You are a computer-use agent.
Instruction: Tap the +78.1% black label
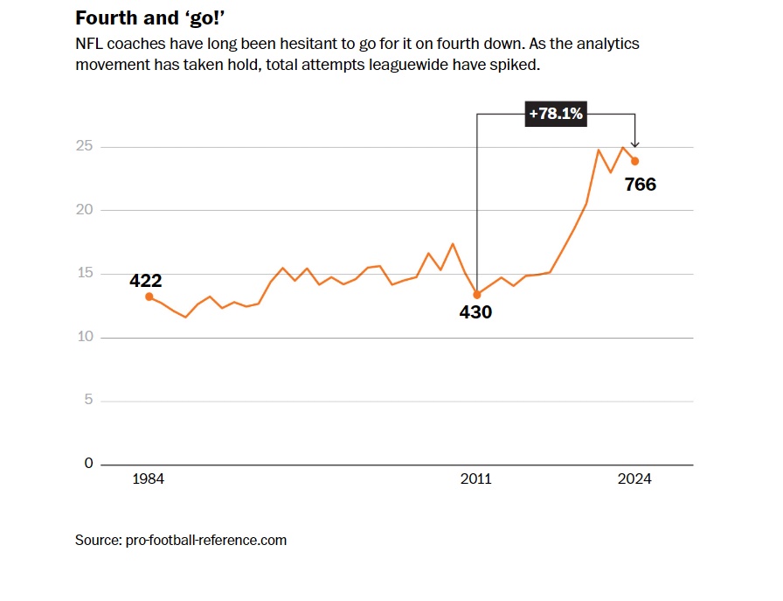[555, 114]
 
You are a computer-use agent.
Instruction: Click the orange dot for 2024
[635, 161]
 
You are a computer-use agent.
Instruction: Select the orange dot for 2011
[476, 295]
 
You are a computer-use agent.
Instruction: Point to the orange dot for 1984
[149, 297]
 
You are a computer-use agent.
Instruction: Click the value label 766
[640, 185]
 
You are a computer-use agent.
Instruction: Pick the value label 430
[476, 312]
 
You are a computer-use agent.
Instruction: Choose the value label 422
[146, 281]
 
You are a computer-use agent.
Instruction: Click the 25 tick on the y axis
[84, 146]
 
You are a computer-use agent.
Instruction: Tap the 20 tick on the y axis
[84, 210]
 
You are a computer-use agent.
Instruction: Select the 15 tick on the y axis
[84, 274]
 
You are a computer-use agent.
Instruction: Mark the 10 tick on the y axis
[84, 338]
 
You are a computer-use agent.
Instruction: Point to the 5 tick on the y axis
[88, 401]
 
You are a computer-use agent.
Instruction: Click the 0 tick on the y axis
[88, 464]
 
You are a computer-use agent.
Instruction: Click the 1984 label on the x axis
[149, 479]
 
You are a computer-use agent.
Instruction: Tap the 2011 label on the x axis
[476, 479]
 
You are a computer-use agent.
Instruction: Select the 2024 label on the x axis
[634, 479]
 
